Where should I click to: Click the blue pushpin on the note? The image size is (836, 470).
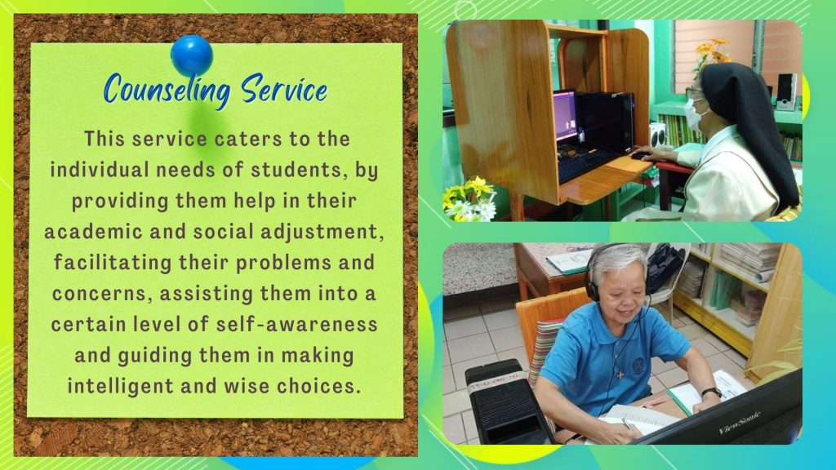(192, 55)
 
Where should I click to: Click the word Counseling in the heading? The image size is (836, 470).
(167, 90)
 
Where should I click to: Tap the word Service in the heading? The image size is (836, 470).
(283, 89)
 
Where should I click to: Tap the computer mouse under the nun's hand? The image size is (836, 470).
(640, 156)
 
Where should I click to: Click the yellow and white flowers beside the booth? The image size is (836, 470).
(469, 199)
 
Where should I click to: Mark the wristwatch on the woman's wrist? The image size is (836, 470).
(711, 392)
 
